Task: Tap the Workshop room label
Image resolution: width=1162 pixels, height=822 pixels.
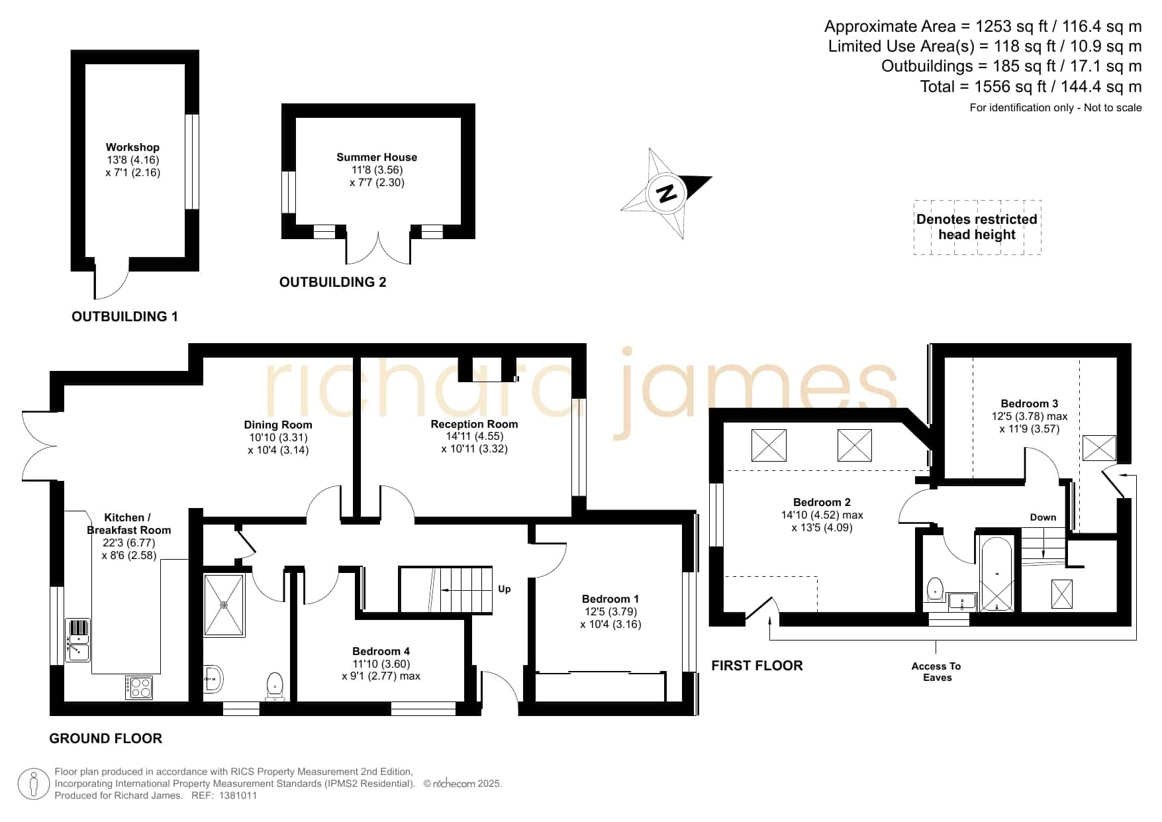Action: pyautogui.click(x=132, y=147)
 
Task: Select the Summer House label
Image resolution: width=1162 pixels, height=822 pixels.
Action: pyautogui.click(x=377, y=157)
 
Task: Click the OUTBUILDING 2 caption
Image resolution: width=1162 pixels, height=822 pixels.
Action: pyautogui.click(x=332, y=282)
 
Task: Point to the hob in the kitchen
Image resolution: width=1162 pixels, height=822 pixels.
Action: pyautogui.click(x=139, y=687)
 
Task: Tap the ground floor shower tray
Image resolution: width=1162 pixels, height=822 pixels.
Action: pyautogui.click(x=224, y=605)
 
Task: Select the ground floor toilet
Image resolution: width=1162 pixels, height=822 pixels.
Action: pyautogui.click(x=275, y=686)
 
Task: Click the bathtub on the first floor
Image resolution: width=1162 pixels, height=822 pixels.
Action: pyautogui.click(x=996, y=574)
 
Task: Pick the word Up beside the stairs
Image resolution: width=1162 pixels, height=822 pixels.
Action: pyautogui.click(x=505, y=589)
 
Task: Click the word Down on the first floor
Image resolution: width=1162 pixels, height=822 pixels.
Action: pyautogui.click(x=1043, y=517)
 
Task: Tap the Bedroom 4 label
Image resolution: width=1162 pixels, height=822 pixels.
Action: pyautogui.click(x=381, y=651)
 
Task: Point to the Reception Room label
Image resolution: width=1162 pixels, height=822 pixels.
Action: pyautogui.click(x=474, y=424)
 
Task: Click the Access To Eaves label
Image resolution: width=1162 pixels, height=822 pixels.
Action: pyautogui.click(x=937, y=672)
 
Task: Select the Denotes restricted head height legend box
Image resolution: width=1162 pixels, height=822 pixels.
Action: pyautogui.click(x=977, y=227)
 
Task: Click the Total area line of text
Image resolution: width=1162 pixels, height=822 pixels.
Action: pyautogui.click(x=1031, y=87)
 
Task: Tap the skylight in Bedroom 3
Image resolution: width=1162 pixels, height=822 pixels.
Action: pyautogui.click(x=1099, y=448)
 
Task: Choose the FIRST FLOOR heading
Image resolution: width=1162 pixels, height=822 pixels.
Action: pyautogui.click(x=757, y=666)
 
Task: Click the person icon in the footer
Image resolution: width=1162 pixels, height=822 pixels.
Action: pyautogui.click(x=33, y=784)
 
